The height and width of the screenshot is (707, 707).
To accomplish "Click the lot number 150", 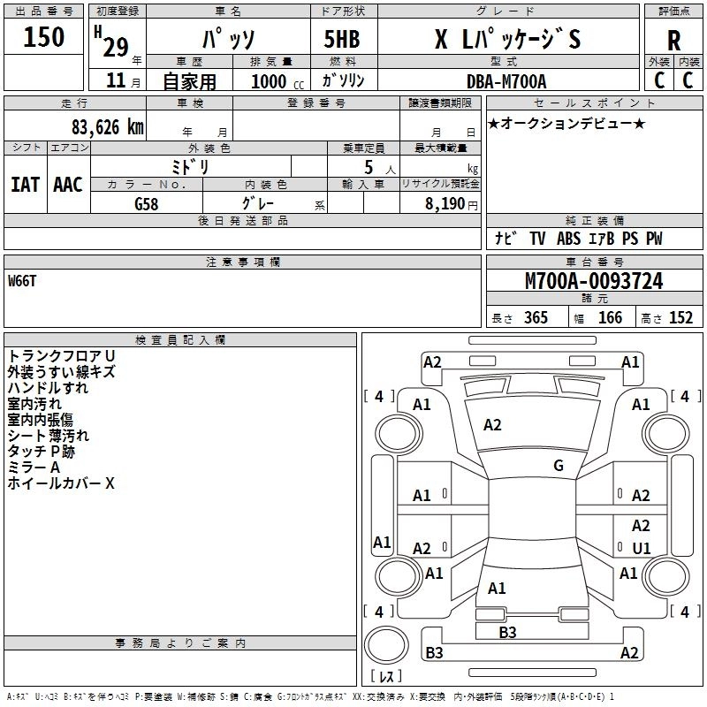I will [44, 37].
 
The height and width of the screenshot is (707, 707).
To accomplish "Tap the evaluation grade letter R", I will [673, 40].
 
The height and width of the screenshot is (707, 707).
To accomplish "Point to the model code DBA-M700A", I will [506, 81].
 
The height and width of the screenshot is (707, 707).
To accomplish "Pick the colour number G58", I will [147, 203].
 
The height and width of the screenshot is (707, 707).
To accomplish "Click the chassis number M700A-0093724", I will [594, 281].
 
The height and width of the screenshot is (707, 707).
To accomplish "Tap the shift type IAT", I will [25, 184].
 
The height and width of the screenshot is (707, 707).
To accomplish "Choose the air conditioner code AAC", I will [67, 184].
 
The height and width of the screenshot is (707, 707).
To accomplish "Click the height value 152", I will [680, 317].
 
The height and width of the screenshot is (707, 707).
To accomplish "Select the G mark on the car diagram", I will [559, 466].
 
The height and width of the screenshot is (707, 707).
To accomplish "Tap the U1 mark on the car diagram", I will [642, 548].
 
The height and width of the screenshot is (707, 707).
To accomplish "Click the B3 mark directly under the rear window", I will [507, 632].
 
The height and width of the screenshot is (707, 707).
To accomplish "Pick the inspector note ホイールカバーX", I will [61, 483].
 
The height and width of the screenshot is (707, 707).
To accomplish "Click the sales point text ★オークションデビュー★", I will [566, 123].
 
